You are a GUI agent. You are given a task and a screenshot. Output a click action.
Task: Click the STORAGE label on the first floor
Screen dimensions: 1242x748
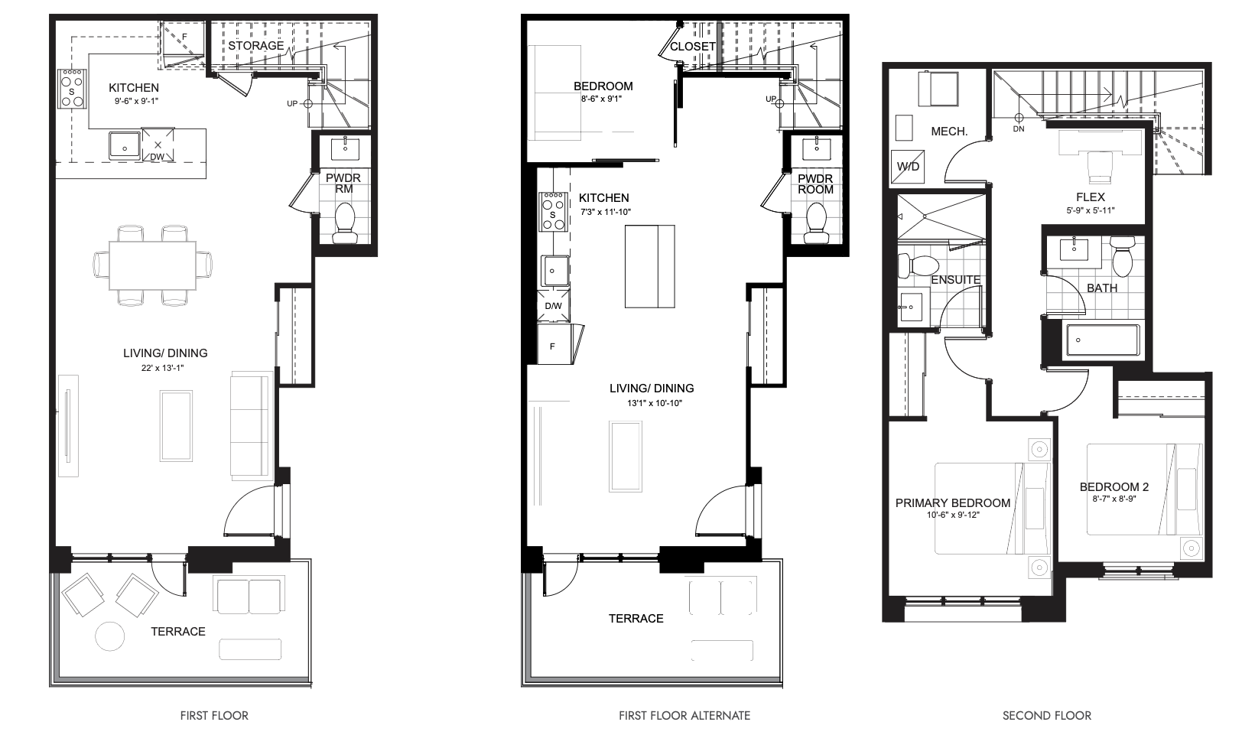click(255, 45)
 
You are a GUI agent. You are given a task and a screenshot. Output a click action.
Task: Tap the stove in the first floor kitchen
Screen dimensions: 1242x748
click(72, 89)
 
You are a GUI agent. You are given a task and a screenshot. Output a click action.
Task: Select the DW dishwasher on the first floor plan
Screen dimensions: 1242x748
click(158, 145)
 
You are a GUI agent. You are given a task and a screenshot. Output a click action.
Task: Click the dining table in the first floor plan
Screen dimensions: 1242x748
click(152, 265)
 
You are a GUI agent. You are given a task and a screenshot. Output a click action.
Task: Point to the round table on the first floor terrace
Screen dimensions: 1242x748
click(110, 636)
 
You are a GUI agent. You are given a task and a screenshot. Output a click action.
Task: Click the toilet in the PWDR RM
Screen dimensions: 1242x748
click(345, 223)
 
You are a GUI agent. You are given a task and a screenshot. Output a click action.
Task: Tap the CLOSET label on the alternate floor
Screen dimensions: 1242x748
click(693, 47)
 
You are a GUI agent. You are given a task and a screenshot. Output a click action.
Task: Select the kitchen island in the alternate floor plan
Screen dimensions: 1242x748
click(650, 266)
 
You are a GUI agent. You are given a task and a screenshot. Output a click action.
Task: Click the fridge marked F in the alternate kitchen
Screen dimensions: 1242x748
click(555, 344)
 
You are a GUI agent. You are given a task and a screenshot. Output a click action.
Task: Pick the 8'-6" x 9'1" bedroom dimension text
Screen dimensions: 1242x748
click(602, 99)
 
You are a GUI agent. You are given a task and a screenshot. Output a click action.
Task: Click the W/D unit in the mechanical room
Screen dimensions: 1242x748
click(908, 166)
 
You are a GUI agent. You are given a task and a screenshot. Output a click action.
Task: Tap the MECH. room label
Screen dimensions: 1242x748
click(949, 132)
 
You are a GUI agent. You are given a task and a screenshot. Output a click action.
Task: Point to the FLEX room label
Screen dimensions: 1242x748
click(1090, 197)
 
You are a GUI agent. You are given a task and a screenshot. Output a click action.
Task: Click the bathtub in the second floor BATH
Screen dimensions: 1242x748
click(1104, 340)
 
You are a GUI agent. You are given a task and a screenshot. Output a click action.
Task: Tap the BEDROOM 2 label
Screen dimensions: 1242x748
click(1114, 487)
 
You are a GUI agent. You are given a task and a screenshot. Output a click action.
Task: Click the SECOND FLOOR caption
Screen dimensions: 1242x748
click(1047, 716)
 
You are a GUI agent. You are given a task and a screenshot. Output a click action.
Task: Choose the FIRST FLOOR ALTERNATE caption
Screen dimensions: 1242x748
click(684, 716)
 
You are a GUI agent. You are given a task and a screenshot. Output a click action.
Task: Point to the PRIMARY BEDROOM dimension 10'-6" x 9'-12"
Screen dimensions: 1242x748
click(953, 515)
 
